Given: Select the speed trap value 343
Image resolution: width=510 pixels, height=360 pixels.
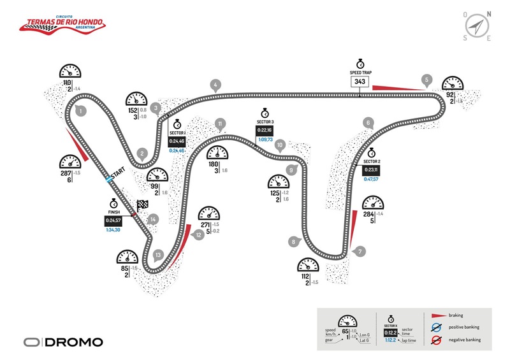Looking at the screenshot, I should (x=360, y=82).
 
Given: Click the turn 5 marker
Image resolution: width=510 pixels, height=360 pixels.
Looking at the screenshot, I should (x=426, y=80).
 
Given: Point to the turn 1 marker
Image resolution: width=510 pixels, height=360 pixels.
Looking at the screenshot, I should (x=81, y=111).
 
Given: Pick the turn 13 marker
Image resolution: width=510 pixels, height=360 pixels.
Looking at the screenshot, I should (x=159, y=256).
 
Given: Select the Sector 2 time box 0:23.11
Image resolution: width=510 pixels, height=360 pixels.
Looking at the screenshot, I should (x=371, y=170).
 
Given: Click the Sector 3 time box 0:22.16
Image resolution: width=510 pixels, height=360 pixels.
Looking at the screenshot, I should (x=265, y=130).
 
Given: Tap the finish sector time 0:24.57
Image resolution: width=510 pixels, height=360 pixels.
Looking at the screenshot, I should (x=115, y=220).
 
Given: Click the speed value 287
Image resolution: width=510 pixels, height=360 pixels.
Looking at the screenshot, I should (x=64, y=173).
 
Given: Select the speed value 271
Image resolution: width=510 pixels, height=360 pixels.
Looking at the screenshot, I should (x=205, y=226).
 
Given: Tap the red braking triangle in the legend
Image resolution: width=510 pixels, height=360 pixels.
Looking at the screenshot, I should (x=438, y=315).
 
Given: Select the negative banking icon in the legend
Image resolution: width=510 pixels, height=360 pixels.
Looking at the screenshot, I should (x=438, y=341).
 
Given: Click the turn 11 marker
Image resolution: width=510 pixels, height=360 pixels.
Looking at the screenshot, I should (x=220, y=124).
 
